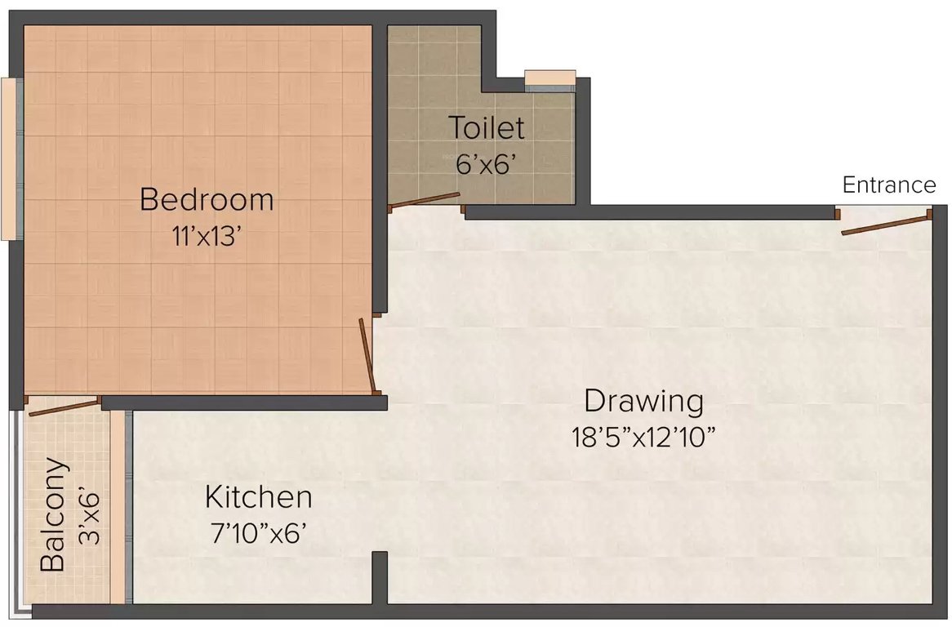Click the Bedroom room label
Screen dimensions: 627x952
click(206, 199)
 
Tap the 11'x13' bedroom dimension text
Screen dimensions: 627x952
click(206, 237)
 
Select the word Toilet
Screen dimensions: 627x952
click(486, 128)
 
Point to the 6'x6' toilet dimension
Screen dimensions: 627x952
click(486, 163)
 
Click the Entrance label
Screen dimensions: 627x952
click(889, 185)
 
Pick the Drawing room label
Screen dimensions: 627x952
click(643, 402)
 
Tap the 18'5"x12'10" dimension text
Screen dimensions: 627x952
click(643, 437)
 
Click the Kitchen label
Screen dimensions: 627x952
click(258, 496)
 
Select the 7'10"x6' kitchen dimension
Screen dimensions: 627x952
click(258, 533)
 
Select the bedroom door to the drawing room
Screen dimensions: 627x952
click(367, 355)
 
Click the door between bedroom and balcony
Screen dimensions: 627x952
click(64, 405)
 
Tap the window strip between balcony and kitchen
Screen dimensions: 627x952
click(128, 506)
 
